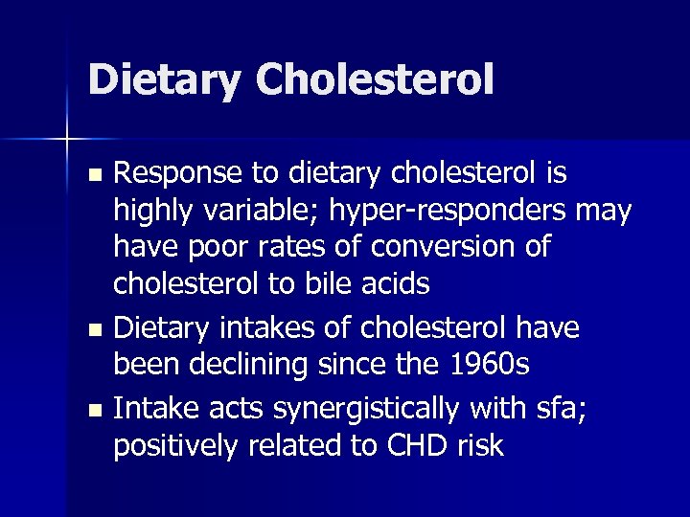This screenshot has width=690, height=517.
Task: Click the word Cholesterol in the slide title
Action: pos(375,79)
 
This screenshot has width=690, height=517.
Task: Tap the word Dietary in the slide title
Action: pos(164,79)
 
